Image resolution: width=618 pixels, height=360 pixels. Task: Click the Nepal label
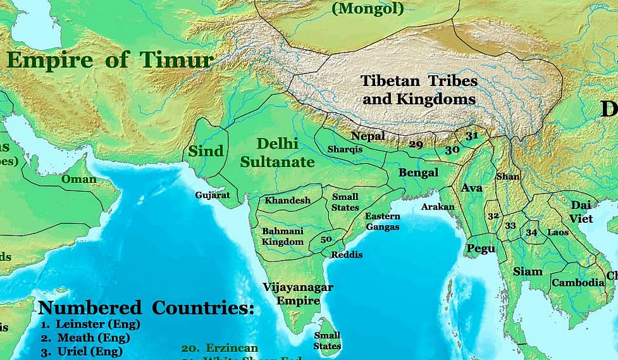pyautogui.click(x=368, y=136)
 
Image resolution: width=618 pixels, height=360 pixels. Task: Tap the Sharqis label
pyautogui.click(x=345, y=149)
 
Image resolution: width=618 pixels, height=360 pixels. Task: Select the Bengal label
pyautogui.click(x=418, y=172)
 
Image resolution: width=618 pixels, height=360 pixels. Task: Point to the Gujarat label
pyautogui.click(x=213, y=195)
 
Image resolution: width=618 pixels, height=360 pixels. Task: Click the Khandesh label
pyautogui.click(x=288, y=201)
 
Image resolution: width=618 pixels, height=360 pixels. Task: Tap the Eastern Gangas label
pyautogui.click(x=382, y=221)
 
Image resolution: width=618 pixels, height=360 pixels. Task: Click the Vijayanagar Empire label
pyautogui.click(x=298, y=294)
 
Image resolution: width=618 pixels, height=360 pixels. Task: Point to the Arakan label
pyautogui.click(x=438, y=207)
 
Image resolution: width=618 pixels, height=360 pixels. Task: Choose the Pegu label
pyautogui.click(x=481, y=249)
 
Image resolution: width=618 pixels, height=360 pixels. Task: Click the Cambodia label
pyautogui.click(x=578, y=283)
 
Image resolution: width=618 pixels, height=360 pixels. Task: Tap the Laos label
pyautogui.click(x=558, y=233)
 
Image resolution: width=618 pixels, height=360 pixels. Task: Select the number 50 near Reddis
pyautogui.click(x=326, y=240)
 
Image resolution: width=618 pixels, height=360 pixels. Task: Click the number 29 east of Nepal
pyautogui.click(x=416, y=145)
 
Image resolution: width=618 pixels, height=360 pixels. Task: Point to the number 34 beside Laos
pyautogui.click(x=531, y=232)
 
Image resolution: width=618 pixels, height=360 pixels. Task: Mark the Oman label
pyautogui.click(x=79, y=179)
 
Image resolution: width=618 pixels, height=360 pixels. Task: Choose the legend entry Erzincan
pyautogui.click(x=219, y=349)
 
